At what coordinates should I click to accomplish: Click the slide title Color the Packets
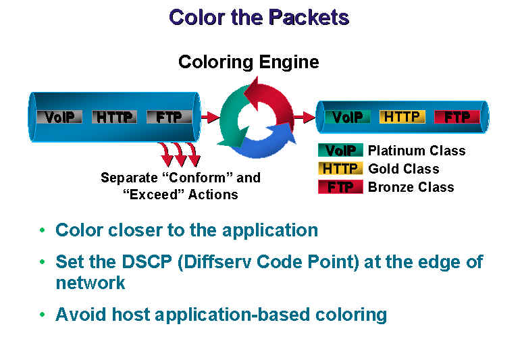(259, 18)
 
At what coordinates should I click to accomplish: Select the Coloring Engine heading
(249, 62)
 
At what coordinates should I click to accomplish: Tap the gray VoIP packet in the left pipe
(59, 117)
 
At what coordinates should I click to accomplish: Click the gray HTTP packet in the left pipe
(114, 117)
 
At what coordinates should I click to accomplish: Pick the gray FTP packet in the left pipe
(169, 117)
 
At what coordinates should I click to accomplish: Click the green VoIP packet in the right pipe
(347, 117)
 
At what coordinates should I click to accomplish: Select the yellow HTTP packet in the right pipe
(402, 117)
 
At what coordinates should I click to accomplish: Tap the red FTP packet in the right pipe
(457, 117)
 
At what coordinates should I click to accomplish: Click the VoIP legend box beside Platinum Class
(340, 150)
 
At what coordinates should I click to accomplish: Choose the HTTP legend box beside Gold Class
(340, 168)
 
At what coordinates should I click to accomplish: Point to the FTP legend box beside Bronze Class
(340, 187)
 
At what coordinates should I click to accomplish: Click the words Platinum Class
(417, 151)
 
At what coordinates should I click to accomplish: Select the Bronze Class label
(411, 187)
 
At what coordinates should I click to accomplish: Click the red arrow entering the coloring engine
(211, 117)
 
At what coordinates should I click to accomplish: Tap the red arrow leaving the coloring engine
(305, 117)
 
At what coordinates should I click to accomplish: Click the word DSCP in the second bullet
(147, 262)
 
